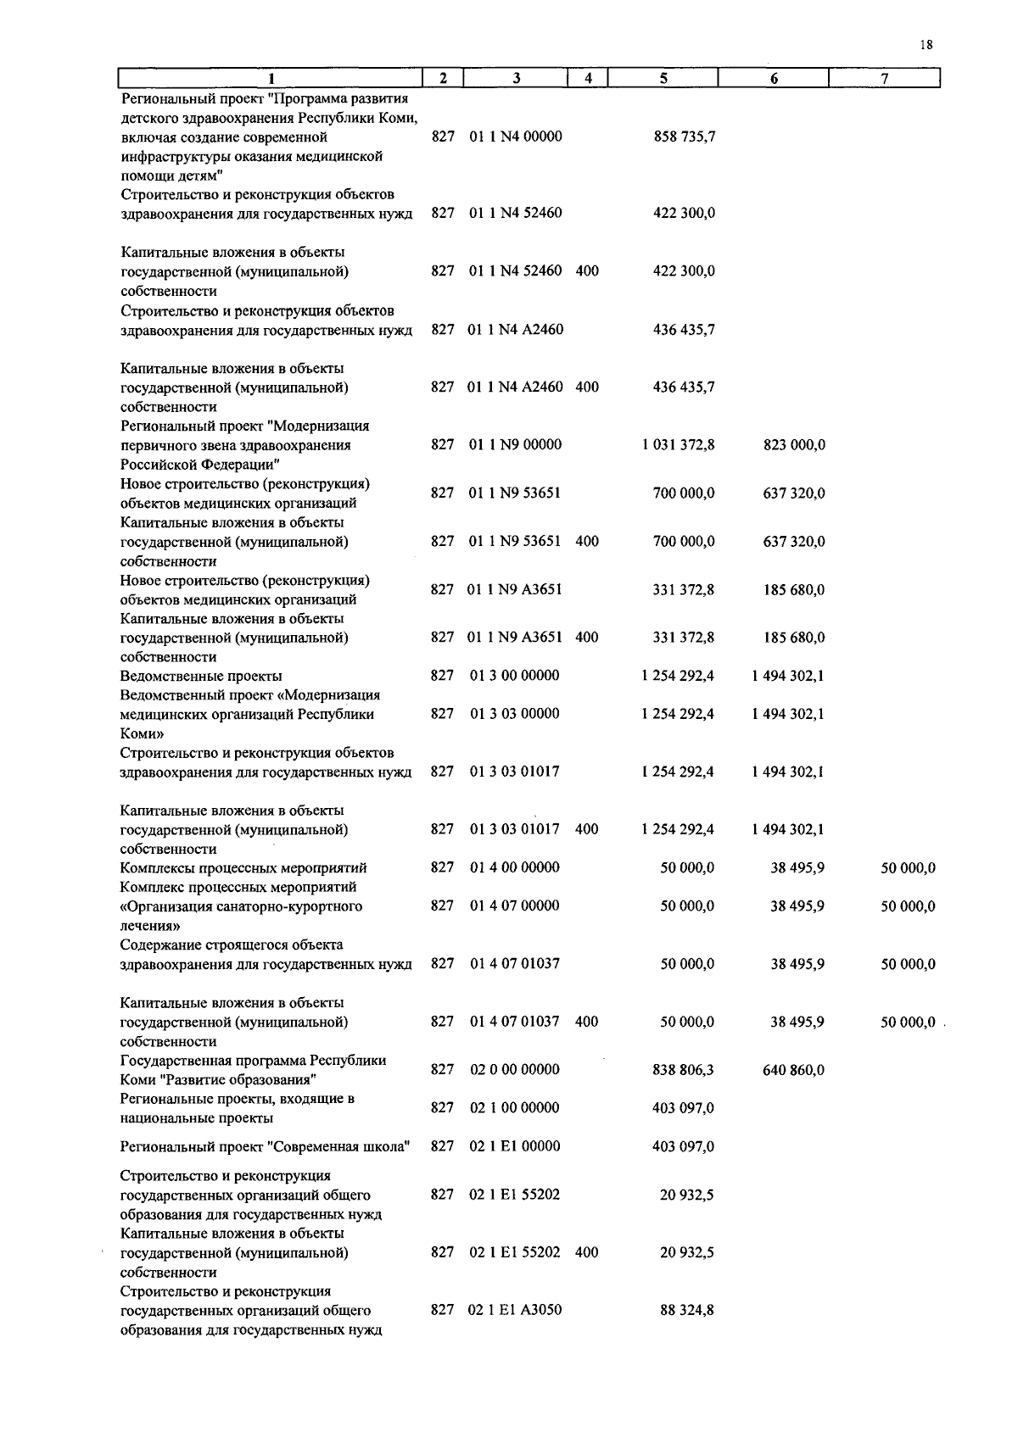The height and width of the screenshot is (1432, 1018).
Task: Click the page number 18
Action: click(x=926, y=46)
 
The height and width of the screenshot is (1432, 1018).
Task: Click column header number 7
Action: click(x=884, y=79)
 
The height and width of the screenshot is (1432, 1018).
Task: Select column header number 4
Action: click(x=588, y=79)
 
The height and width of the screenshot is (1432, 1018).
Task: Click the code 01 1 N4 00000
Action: click(x=515, y=137)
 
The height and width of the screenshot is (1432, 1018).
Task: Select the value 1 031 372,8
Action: click(x=678, y=445)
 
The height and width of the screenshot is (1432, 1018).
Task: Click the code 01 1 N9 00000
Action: click(x=515, y=444)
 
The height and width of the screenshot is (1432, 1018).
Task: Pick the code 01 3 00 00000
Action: click(x=514, y=676)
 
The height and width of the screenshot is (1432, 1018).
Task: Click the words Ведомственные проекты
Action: click(x=201, y=677)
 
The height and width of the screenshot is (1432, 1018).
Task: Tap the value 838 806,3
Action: click(x=683, y=1070)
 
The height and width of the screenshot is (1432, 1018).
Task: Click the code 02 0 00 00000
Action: click(x=514, y=1070)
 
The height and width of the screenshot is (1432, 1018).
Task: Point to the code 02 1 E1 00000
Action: click(x=514, y=1146)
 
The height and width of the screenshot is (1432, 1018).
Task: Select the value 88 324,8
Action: click(x=686, y=1311)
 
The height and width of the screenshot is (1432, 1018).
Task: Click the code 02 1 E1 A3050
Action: click(x=514, y=1311)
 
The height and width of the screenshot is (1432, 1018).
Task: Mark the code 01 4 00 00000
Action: click(x=514, y=867)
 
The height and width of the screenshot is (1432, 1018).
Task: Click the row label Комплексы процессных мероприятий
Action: click(x=243, y=868)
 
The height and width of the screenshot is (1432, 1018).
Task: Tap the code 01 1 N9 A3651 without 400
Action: click(x=514, y=589)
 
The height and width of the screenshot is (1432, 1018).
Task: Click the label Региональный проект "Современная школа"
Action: click(x=266, y=1147)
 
